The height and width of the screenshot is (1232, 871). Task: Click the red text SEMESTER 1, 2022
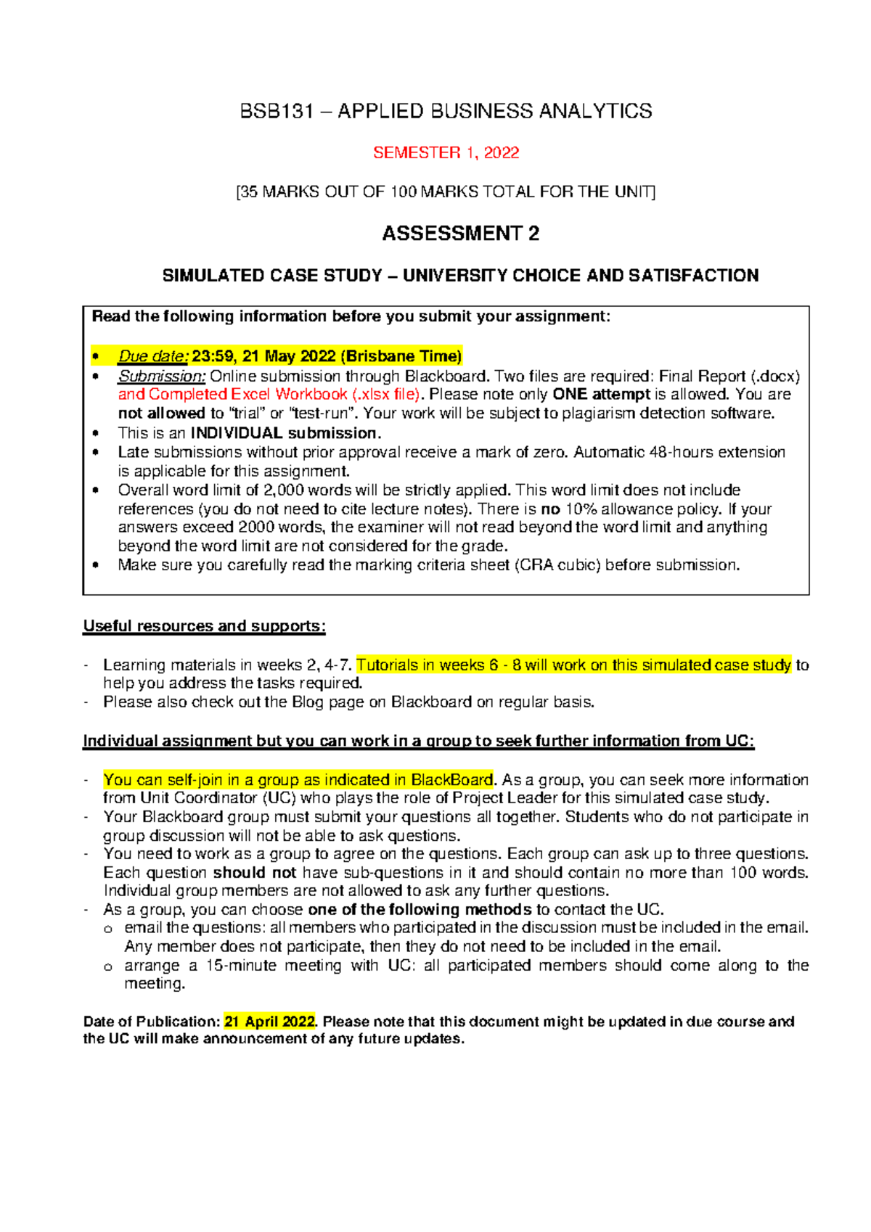[x=446, y=152]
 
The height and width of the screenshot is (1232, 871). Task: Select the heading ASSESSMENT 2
[x=460, y=234]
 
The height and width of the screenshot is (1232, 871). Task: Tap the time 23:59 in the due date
[x=213, y=356]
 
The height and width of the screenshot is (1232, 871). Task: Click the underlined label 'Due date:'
[x=153, y=356]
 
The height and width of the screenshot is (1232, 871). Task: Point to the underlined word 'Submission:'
[x=162, y=376]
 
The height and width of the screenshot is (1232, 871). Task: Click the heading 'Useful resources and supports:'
[x=204, y=625]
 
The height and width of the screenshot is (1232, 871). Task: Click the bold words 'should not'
[x=254, y=872]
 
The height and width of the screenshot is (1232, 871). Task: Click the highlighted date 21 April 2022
[x=269, y=1022]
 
